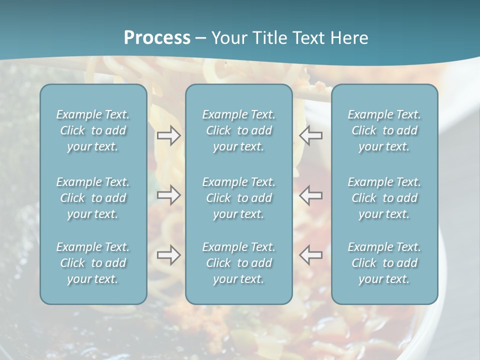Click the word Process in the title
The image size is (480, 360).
[157, 38]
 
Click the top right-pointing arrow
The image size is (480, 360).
[168, 135]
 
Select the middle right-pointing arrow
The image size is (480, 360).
[168, 195]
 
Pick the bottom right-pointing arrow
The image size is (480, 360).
[168, 255]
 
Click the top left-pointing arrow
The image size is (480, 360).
[311, 135]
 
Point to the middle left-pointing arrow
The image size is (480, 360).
[311, 195]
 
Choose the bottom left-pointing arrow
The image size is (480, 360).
[311, 255]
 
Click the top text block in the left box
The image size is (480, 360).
[93, 130]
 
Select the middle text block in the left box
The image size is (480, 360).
[93, 198]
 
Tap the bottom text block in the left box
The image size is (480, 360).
[93, 263]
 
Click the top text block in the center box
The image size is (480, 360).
[239, 130]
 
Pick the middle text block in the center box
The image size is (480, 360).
[239, 198]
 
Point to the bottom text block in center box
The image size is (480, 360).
[239, 263]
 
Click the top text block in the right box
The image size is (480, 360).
[384, 130]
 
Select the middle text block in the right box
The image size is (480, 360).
[384, 198]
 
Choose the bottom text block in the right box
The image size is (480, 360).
[384, 263]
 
